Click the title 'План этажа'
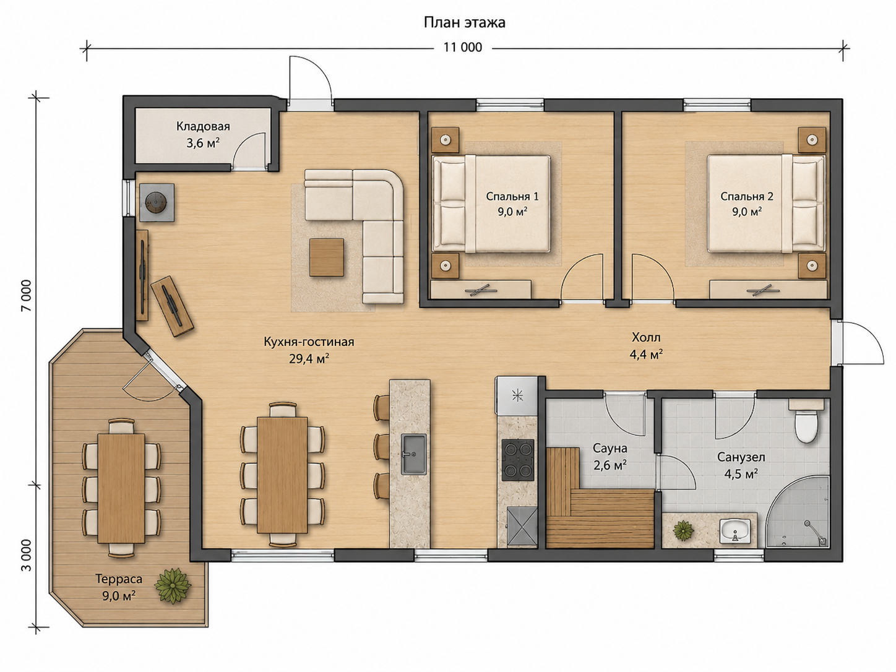[x=464, y=22]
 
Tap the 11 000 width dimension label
[x=462, y=48]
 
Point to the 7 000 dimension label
[x=26, y=296]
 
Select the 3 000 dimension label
[x=26, y=556]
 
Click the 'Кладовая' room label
[x=203, y=126]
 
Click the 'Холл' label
[x=646, y=338]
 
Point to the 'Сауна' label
[x=610, y=449]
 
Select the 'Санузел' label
[x=741, y=457]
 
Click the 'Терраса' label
[x=119, y=579]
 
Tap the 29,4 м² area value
[x=309, y=359]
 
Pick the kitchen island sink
[x=414, y=454]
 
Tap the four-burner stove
[x=517, y=460]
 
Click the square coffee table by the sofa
[x=326, y=257]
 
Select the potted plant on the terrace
[x=172, y=586]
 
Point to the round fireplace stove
[x=157, y=202]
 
